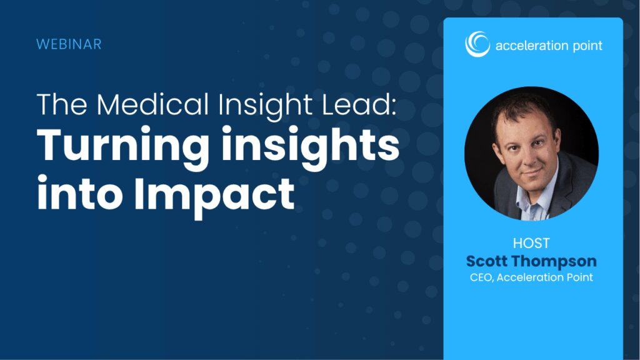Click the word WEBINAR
tap(69, 44)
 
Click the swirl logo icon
tap(477, 44)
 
